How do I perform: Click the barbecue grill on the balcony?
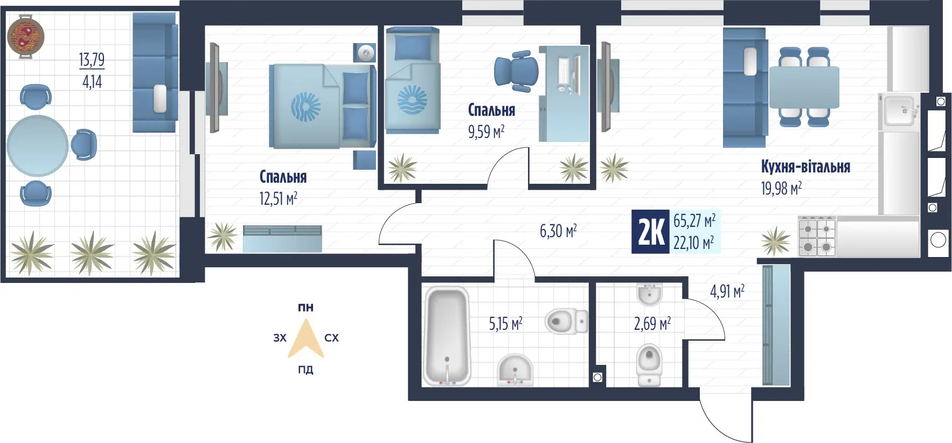(x=25, y=36)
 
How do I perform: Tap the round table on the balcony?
(x=37, y=146)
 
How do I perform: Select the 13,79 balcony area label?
(x=92, y=60)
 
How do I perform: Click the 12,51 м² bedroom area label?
(x=278, y=199)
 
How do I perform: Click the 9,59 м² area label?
(x=486, y=131)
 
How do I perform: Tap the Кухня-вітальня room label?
(x=805, y=167)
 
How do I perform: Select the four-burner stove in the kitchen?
(x=817, y=237)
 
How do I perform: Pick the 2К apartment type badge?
(x=651, y=232)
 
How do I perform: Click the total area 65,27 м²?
(x=694, y=221)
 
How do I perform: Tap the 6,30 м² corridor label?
(x=558, y=231)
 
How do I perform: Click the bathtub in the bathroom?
(x=447, y=336)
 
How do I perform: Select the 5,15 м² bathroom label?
(x=505, y=323)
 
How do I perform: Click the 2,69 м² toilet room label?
(x=652, y=323)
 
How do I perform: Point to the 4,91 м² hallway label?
(x=727, y=292)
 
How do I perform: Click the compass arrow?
(x=305, y=338)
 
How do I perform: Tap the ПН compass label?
(x=305, y=308)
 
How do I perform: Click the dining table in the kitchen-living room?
(x=804, y=87)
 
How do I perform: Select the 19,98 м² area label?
(x=781, y=189)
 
